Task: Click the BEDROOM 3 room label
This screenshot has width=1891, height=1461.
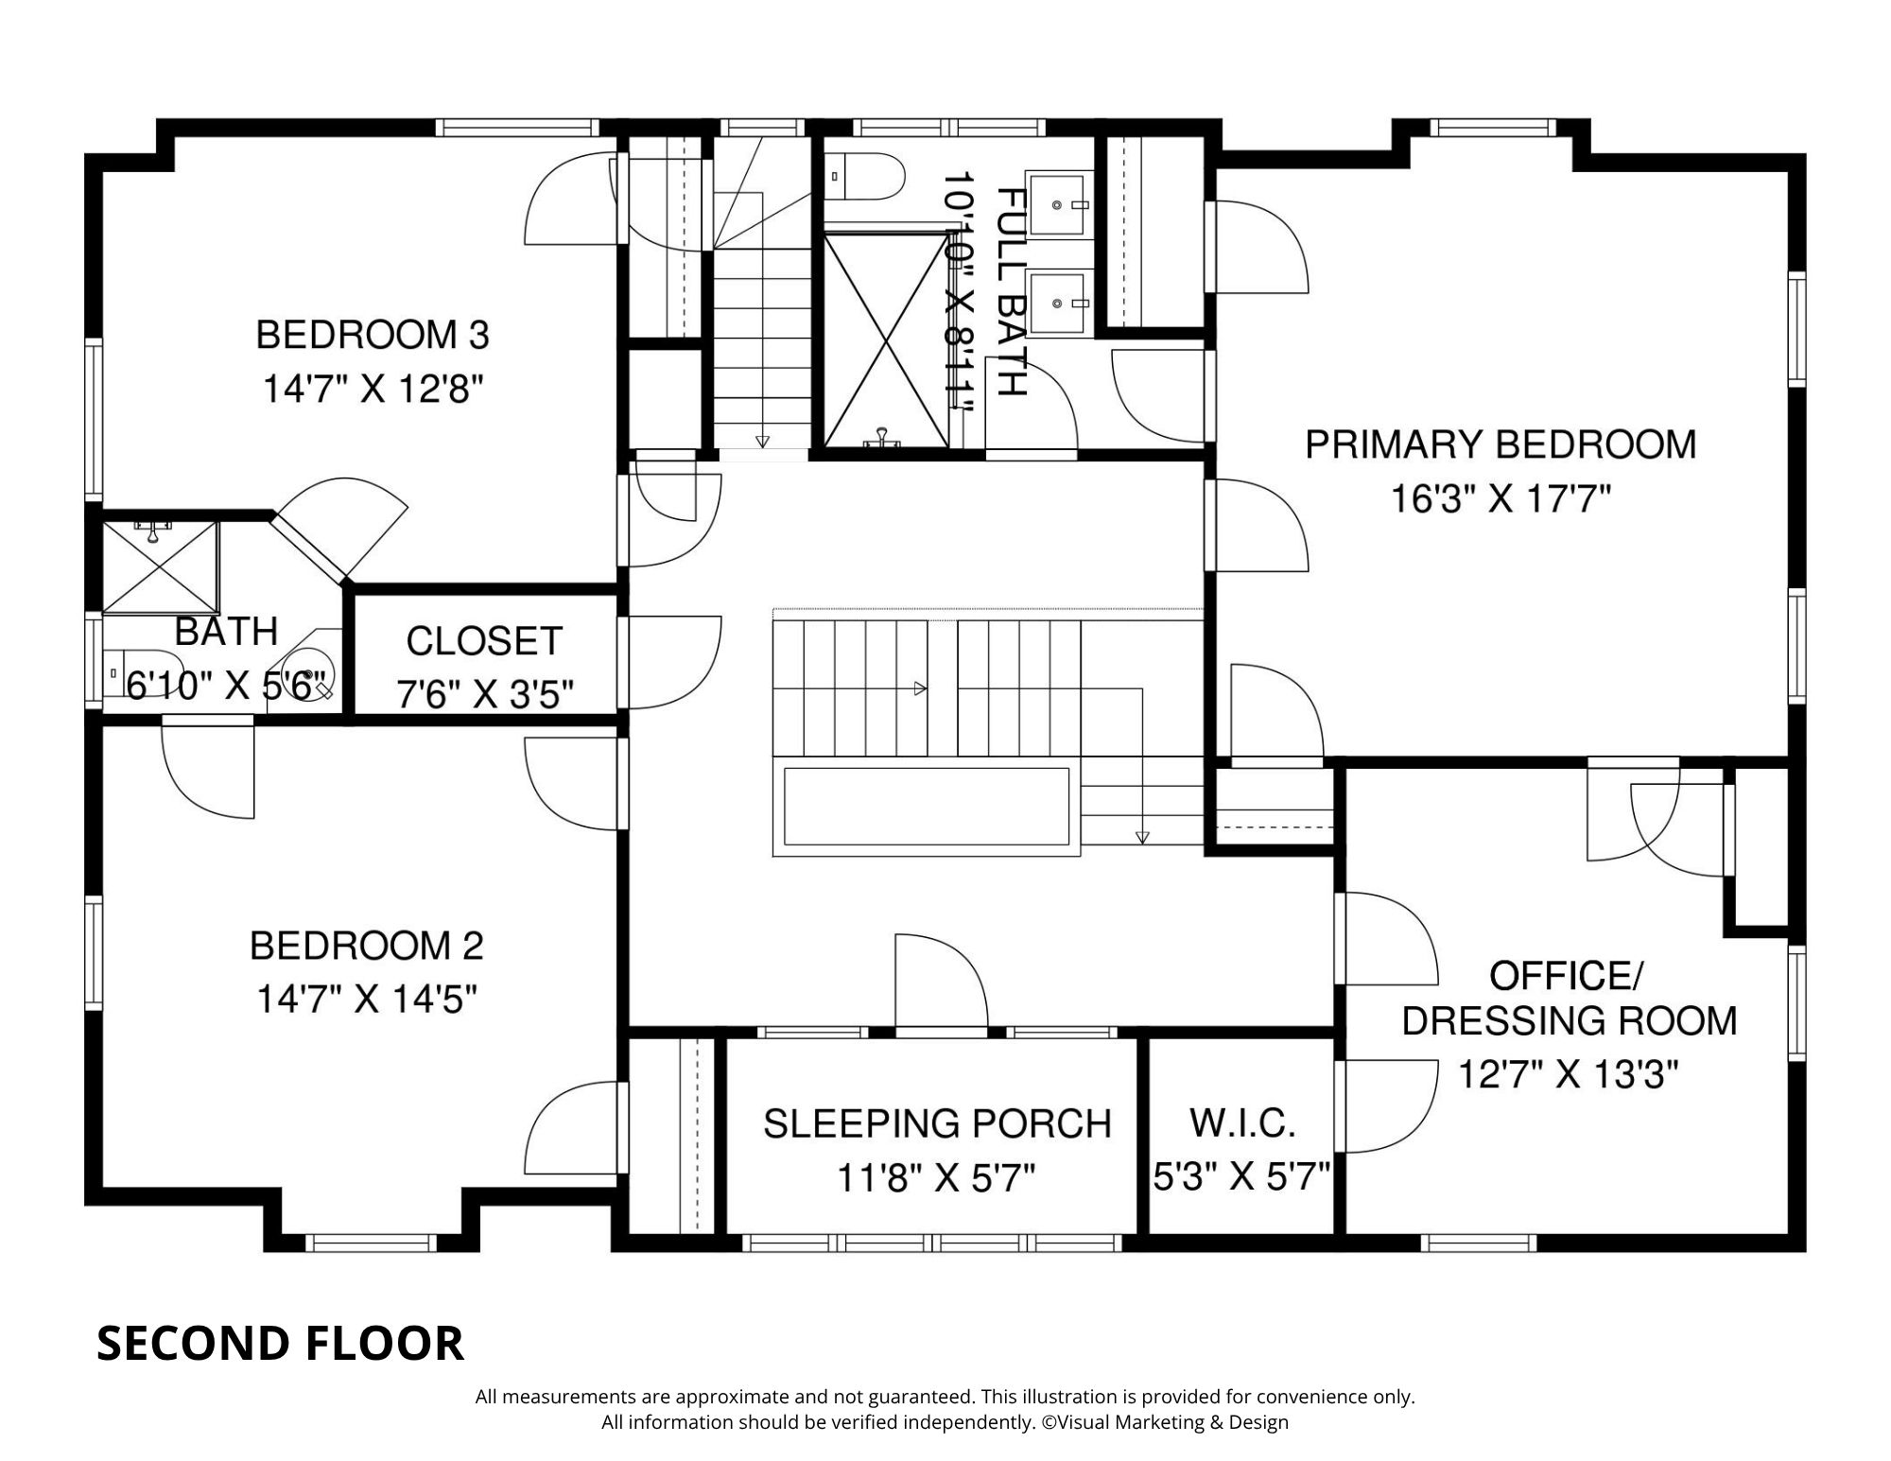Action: (373, 335)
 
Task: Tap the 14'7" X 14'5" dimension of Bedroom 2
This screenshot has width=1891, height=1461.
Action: (366, 999)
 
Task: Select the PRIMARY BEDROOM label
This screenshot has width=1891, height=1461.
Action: (1501, 444)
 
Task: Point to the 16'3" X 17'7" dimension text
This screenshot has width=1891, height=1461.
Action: (1501, 498)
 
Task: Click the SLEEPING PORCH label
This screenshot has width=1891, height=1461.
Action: (937, 1123)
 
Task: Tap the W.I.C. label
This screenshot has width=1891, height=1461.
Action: (1242, 1122)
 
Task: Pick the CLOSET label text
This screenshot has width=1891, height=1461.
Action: (484, 641)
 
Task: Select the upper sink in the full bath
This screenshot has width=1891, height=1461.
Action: (1058, 201)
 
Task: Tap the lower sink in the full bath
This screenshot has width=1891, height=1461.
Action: (1058, 302)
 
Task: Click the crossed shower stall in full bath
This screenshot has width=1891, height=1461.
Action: (885, 340)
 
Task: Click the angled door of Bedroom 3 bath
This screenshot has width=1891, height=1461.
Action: (307, 547)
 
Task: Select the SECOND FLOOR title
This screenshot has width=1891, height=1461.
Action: (280, 1344)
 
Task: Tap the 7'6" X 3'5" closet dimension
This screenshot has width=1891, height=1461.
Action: (484, 695)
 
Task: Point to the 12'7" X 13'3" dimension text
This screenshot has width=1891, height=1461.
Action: (1568, 1075)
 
